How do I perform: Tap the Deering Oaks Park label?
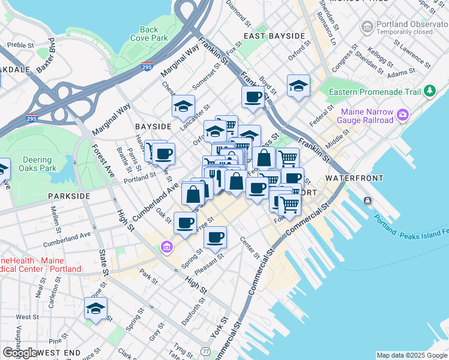[37, 164]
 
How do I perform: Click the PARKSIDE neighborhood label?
[69, 196]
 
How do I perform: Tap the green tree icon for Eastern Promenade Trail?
[429, 91]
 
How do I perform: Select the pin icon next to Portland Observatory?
[366, 26]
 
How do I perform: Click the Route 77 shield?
[206, 350]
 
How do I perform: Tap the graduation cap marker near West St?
[95, 309]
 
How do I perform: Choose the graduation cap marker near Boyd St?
[298, 86]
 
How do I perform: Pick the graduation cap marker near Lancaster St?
[183, 107]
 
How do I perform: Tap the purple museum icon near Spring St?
[166, 247]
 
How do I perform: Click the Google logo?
[20, 353]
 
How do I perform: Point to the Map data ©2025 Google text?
[412, 355]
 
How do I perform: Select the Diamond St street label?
[238, 13]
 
